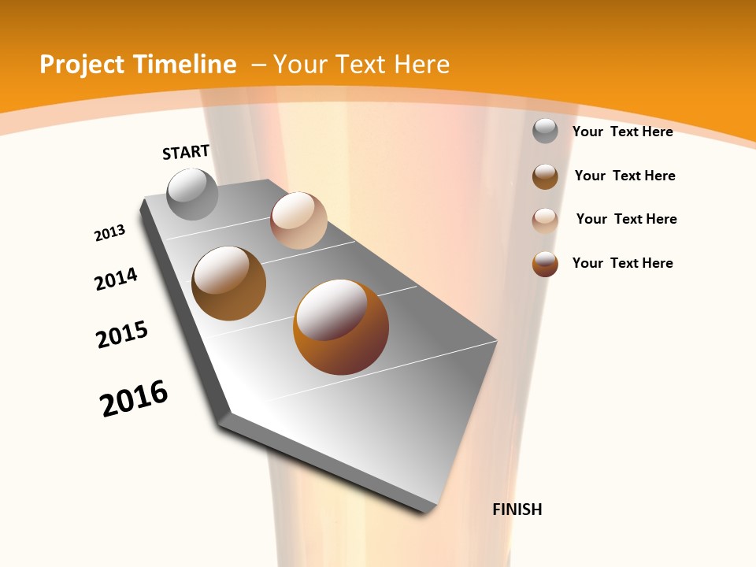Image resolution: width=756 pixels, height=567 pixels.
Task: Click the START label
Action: [186, 151]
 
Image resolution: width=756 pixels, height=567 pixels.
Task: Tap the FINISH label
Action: [517, 510]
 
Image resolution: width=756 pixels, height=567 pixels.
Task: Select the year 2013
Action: [109, 233]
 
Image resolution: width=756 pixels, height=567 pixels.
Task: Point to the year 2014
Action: [116, 279]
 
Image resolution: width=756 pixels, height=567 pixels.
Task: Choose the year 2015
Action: [122, 335]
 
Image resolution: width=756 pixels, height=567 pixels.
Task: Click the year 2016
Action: [134, 398]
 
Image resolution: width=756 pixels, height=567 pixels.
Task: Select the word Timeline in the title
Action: [186, 65]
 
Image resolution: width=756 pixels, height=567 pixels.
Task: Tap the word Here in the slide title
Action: [421, 65]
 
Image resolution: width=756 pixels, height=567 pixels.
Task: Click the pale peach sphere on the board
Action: [298, 220]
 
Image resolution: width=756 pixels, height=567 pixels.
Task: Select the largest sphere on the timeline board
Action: [341, 327]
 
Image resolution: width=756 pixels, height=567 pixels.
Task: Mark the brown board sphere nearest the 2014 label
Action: [228, 283]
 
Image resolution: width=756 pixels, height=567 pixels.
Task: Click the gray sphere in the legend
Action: [545, 132]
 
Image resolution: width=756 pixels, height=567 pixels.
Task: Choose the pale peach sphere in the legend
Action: [545, 220]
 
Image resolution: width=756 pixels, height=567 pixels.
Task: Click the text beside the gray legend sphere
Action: [622, 132]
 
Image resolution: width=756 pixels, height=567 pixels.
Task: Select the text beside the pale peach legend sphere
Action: [626, 219]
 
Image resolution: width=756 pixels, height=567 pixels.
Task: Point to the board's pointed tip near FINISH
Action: [429, 508]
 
